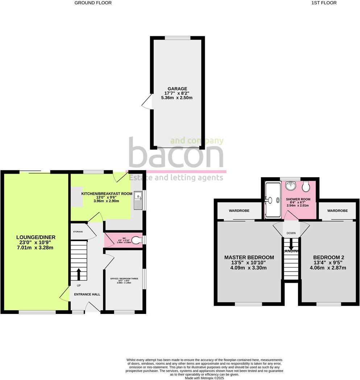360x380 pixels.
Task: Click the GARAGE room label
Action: click(177, 88)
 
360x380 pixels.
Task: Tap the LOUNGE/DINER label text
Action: click(36, 237)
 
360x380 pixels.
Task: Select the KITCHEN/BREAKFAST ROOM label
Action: click(107, 194)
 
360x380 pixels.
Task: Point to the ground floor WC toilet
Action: click(137, 240)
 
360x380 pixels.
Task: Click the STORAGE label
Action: click(78, 232)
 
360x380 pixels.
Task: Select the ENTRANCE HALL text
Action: click(87, 294)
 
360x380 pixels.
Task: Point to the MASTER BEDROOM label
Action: click(249, 257)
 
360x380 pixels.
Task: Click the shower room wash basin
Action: click(290, 186)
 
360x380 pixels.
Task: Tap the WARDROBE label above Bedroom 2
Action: click(338, 211)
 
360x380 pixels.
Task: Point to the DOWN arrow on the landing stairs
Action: click(291, 245)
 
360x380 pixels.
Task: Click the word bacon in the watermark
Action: click(176, 154)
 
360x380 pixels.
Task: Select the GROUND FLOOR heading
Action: click(93, 3)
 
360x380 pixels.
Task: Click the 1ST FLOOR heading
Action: click(324, 3)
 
